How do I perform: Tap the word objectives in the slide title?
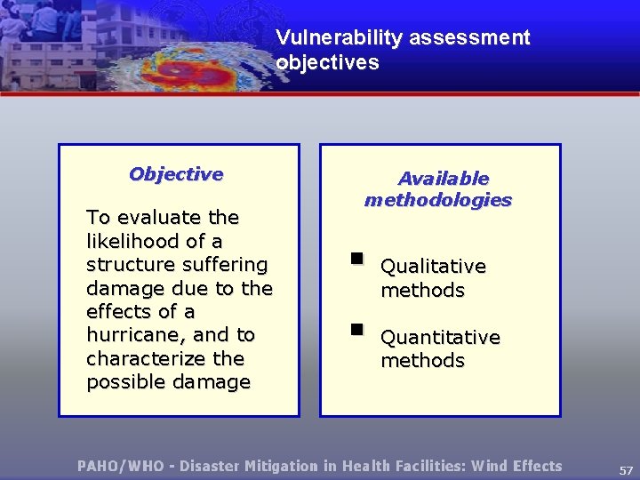point(327,63)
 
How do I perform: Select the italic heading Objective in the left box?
point(176,174)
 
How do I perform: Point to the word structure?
point(127,265)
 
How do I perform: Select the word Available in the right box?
point(443,179)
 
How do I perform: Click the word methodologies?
point(438,200)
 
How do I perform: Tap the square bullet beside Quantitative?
point(356,330)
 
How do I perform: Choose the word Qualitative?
point(433,267)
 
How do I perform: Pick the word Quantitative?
point(440,338)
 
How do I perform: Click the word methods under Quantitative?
point(422,361)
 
